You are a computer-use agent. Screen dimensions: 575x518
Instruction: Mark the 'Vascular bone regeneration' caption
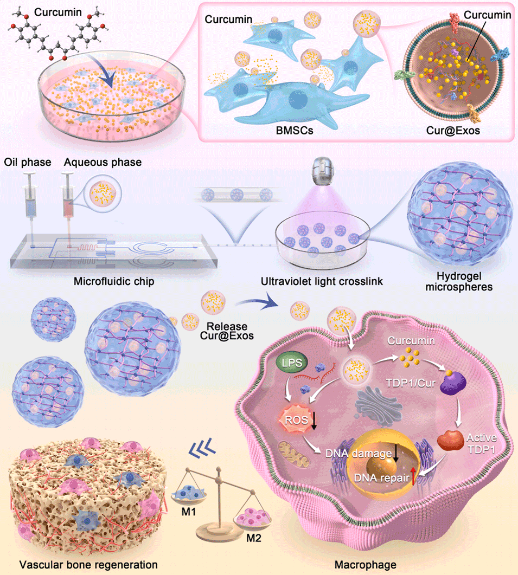89,565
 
